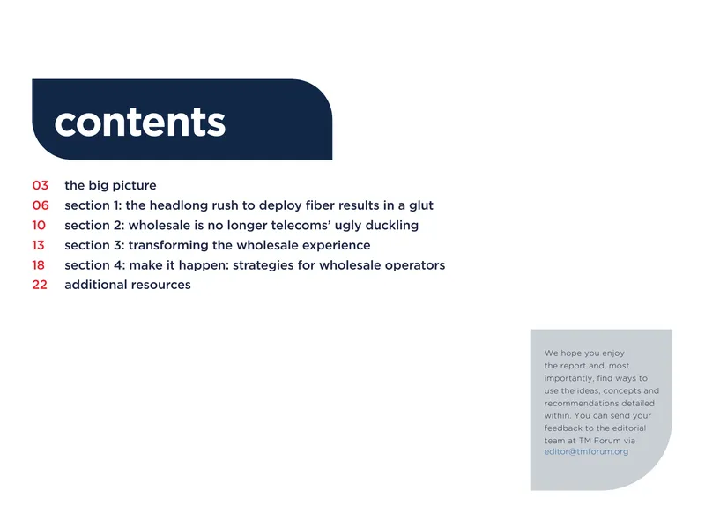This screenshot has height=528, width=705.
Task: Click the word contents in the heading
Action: point(140,122)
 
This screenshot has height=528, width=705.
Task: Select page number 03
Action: point(40,185)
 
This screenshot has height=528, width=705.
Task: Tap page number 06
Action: point(41,205)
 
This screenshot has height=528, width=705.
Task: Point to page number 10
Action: point(39,225)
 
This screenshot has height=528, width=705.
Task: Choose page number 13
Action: point(38,245)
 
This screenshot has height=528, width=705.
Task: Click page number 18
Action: point(38,265)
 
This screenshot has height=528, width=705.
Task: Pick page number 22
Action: point(40,285)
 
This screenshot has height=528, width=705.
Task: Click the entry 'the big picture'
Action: point(111,185)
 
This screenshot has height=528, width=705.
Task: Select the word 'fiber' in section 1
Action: point(320,205)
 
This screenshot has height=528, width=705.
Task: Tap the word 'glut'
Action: point(421,205)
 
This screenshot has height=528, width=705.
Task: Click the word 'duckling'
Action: point(392,226)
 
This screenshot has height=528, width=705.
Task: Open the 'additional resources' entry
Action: point(128,285)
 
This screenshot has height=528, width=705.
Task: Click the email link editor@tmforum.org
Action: point(586,451)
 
